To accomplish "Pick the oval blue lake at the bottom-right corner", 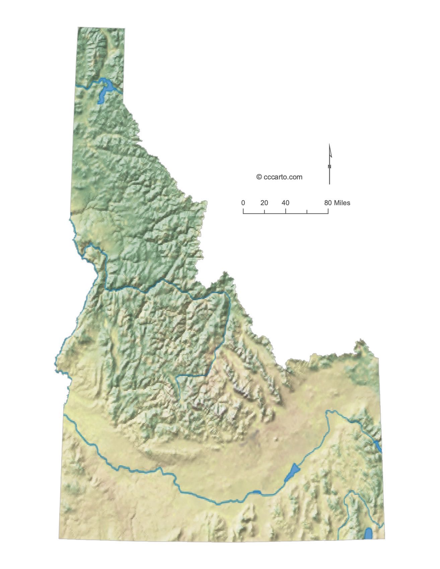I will pos(369,533).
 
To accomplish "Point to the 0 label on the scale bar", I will pos(243,203).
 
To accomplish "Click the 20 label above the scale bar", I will pos(264,203).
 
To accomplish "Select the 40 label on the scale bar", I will pos(285,203).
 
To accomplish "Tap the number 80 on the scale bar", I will pos(328,203).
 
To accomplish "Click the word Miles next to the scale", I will pos(342,203).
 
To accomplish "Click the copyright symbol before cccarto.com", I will pos(259,177).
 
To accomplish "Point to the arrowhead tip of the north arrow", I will pos(329,145).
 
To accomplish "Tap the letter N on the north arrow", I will pos(330,166).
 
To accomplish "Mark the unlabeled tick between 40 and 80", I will pos(307,212).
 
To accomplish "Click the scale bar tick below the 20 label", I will pos(265,212).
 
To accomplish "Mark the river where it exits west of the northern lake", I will pos(78,87).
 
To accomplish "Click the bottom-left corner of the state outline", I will pos(59,539).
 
